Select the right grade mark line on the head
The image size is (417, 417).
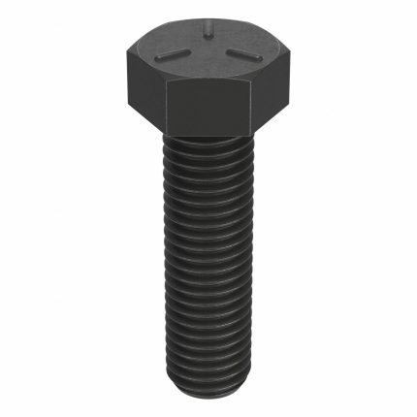(x=241, y=57)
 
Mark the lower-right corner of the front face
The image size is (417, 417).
(x=258, y=132)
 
